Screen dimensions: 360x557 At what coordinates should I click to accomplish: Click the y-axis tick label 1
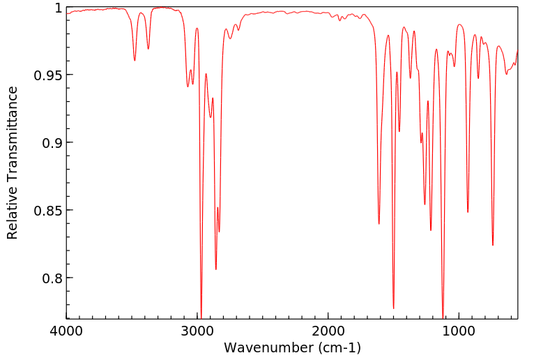[x=59, y=8]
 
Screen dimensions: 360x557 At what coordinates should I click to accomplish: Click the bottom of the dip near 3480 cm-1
[x=135, y=60]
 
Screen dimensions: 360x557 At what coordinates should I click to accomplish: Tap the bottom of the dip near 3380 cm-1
[x=148, y=49]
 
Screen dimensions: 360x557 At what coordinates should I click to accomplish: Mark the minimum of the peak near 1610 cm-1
[x=379, y=223]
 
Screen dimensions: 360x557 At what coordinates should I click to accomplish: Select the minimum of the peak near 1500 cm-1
[x=393, y=308]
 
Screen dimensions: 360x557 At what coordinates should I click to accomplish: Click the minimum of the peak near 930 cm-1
[x=468, y=212]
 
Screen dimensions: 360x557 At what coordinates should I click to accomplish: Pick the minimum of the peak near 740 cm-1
[x=493, y=245]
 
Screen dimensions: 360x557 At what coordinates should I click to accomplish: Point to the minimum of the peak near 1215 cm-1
[x=431, y=230]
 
